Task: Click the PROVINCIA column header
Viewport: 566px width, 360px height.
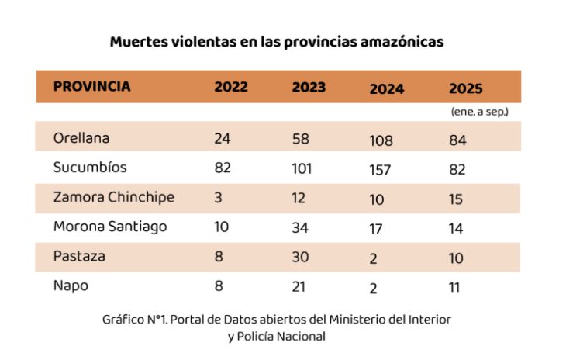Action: click(x=91, y=87)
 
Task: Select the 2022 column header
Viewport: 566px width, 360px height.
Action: click(x=231, y=87)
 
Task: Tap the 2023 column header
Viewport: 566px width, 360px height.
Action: click(x=309, y=88)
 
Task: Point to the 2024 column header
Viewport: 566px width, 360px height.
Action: click(x=386, y=88)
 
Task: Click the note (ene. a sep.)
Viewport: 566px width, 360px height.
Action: click(x=479, y=112)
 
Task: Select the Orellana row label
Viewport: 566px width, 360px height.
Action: click(x=81, y=138)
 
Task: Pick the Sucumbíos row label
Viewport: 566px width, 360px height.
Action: click(x=89, y=167)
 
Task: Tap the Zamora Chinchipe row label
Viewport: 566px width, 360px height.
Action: click(x=113, y=197)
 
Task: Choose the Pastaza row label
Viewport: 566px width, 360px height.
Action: click(x=79, y=255)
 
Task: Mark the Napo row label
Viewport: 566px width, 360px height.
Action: click(x=71, y=285)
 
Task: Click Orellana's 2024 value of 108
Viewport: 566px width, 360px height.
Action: click(x=381, y=141)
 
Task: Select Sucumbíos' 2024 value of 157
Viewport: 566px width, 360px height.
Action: click(x=381, y=169)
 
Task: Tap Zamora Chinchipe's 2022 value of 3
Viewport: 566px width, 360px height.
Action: click(x=219, y=198)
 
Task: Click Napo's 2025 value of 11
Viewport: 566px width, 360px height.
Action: click(x=454, y=287)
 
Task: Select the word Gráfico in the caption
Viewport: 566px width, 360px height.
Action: click(x=123, y=320)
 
